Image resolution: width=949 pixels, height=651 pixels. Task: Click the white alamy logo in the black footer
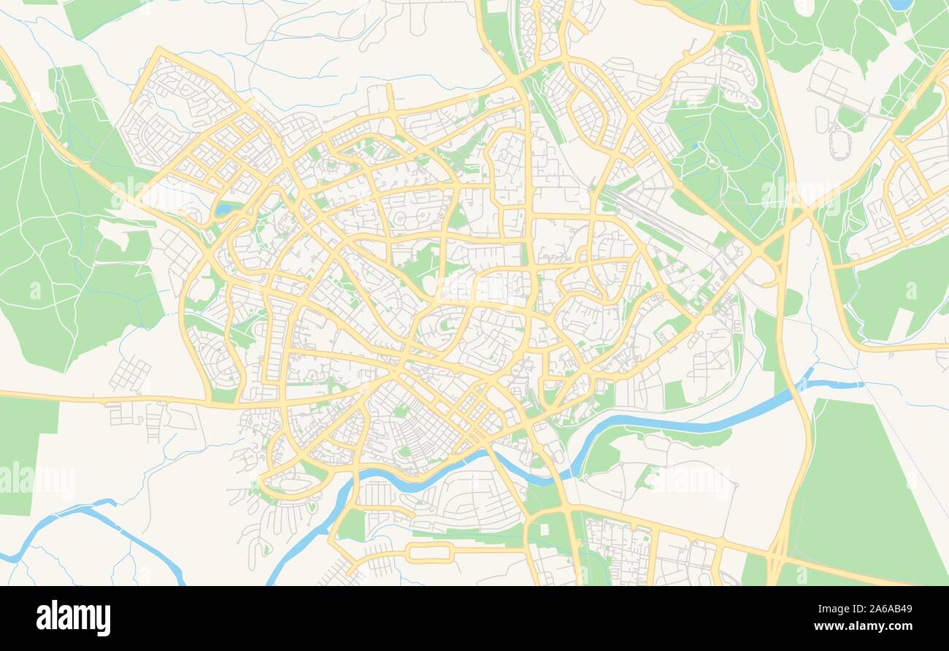coord(73,618)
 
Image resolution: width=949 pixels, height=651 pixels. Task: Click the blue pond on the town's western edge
coord(223,210)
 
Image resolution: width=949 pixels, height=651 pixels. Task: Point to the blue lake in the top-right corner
coord(900,4)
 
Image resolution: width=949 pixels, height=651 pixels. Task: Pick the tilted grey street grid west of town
coord(130,374)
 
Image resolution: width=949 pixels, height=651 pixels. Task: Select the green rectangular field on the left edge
coord(22,452)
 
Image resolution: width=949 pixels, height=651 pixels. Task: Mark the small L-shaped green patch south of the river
coord(645,477)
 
